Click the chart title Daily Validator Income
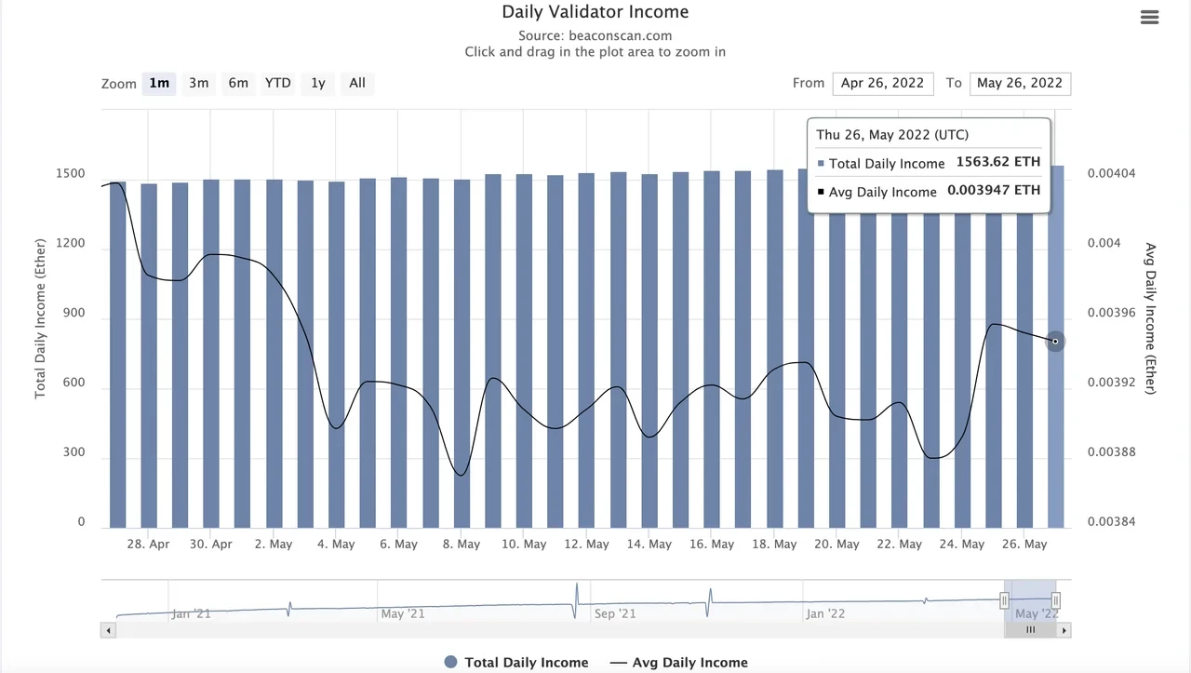595,12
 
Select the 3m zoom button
198,83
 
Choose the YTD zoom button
277,83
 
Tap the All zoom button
357,83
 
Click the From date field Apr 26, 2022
882,83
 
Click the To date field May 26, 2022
1020,83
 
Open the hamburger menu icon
1149,17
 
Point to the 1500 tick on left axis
70,174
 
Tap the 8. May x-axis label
462,545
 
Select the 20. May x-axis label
836,545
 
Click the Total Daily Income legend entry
516,663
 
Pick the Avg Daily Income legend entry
679,663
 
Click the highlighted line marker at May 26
1055,342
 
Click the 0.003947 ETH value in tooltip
994,191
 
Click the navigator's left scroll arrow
109,630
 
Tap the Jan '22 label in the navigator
825,613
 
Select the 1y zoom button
318,83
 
